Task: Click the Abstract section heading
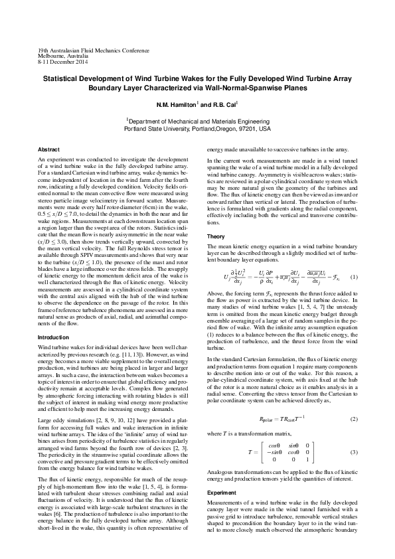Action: (49, 149)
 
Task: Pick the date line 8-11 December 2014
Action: (63, 62)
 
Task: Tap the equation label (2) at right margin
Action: (354, 420)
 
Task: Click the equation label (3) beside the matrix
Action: (354, 451)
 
